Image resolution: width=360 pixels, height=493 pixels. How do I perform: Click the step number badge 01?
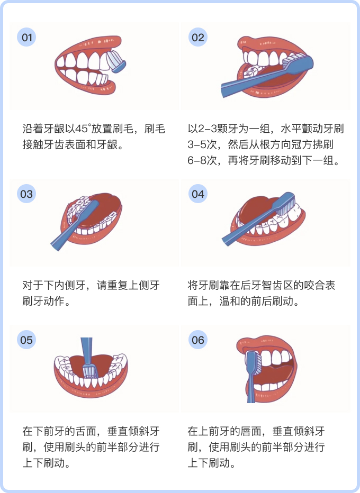pyautogui.click(x=26, y=38)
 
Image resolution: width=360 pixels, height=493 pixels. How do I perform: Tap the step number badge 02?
pyautogui.click(x=198, y=38)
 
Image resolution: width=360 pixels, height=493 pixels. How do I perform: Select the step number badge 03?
pyautogui.click(x=26, y=194)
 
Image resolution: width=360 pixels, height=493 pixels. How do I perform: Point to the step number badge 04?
pyautogui.click(x=198, y=194)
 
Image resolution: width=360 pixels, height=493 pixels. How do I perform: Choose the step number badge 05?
pyautogui.click(x=26, y=340)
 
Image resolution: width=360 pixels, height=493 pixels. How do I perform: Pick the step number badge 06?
pyautogui.click(x=198, y=340)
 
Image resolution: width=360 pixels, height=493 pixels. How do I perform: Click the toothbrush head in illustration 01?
pyautogui.click(x=116, y=61)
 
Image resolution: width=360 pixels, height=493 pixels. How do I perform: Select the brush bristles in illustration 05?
pyautogui.click(x=90, y=371)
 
